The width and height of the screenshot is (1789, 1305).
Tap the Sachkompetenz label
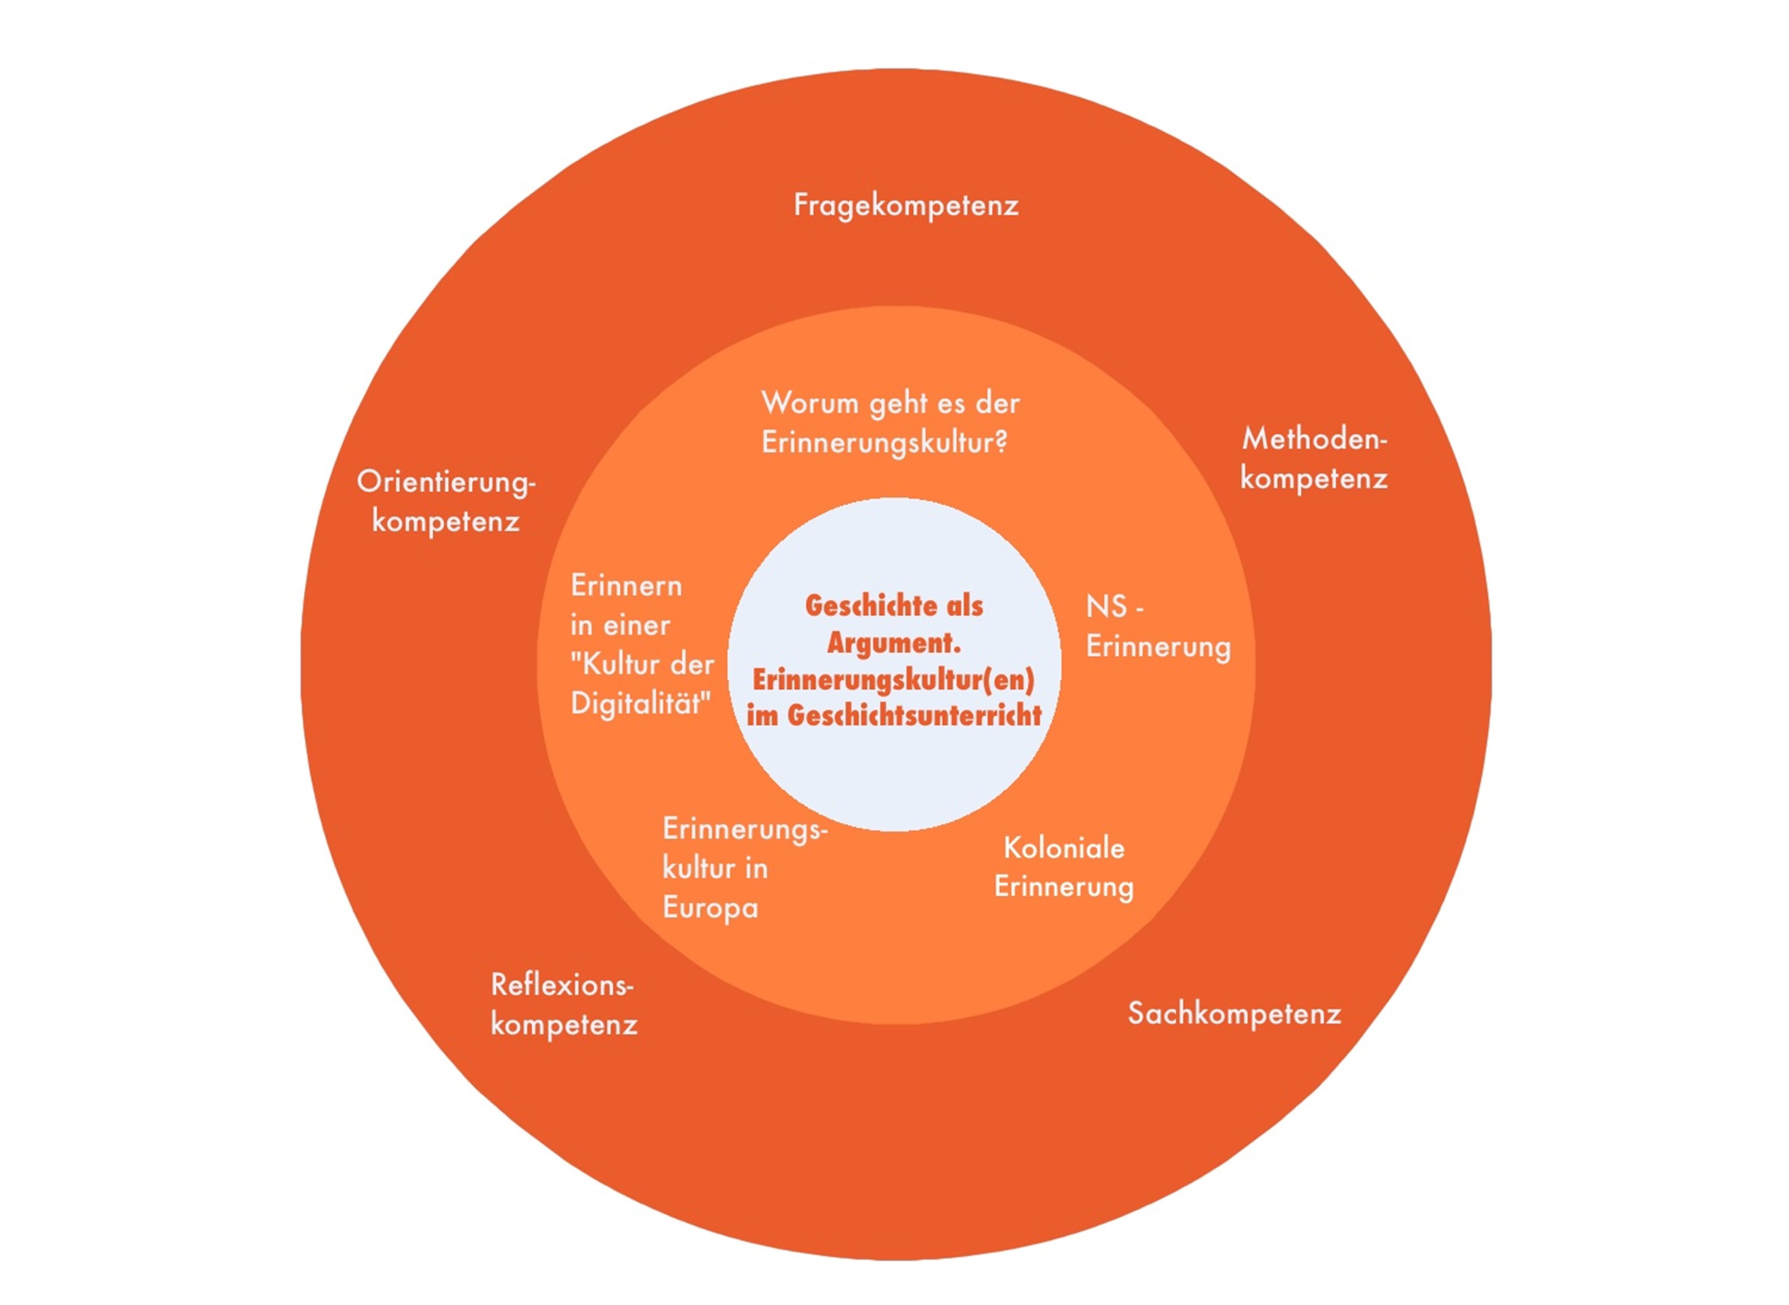click(x=1234, y=1013)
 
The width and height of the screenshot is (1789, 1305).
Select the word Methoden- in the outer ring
click(x=1314, y=439)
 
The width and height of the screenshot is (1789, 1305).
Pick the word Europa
click(x=710, y=908)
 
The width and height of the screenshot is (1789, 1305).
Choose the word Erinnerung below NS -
click(x=1158, y=647)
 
